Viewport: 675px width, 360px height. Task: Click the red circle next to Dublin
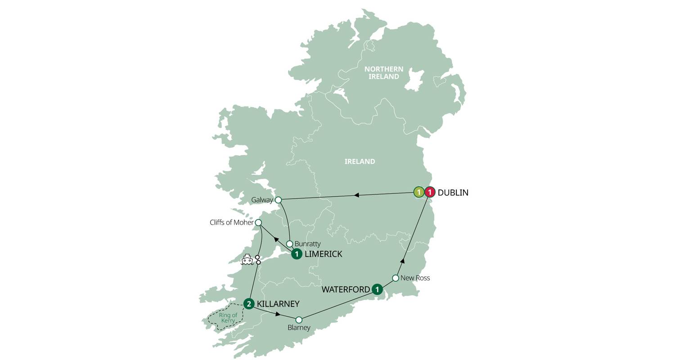(430, 193)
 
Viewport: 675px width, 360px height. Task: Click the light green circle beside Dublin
(419, 193)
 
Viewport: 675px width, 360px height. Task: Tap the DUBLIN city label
(453, 193)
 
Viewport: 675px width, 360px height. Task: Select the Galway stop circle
(278, 200)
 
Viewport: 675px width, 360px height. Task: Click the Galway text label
(262, 200)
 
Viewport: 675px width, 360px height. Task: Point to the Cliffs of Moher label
(231, 222)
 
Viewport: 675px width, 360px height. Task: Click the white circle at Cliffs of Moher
(258, 223)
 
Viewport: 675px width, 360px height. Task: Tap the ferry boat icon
(247, 260)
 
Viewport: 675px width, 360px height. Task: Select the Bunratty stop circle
(290, 244)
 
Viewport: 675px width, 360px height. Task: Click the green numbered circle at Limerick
(297, 254)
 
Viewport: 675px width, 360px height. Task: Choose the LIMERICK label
(323, 254)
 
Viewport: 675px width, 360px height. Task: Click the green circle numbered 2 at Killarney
(249, 304)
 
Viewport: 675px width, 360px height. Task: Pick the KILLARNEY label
(278, 304)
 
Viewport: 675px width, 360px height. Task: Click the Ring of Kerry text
(228, 318)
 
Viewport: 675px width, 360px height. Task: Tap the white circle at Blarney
(299, 320)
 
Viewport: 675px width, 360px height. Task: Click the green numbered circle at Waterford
(377, 289)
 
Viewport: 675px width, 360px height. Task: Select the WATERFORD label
(346, 289)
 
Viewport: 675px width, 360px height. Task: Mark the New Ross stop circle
(396, 278)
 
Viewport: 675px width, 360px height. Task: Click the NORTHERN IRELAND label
(383, 73)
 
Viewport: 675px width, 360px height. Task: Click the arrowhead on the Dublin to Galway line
(356, 195)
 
